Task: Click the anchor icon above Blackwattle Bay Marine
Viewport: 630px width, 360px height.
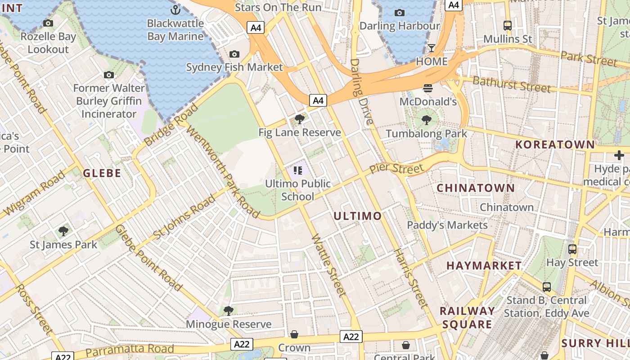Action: [175, 9]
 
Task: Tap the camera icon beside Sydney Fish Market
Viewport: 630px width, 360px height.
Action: [234, 54]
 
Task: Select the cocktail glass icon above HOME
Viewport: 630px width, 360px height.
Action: [432, 48]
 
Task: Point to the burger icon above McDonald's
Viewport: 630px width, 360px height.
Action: [427, 88]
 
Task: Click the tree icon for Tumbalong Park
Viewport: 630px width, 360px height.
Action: [426, 120]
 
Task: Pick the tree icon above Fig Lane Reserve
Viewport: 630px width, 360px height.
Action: [299, 119]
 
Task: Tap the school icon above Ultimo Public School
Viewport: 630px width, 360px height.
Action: [297, 171]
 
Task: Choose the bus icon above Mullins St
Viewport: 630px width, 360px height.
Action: [508, 26]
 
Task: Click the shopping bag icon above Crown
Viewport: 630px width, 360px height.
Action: [294, 334]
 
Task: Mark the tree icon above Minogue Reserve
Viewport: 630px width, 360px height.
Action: [229, 310]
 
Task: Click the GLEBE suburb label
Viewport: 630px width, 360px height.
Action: [102, 173]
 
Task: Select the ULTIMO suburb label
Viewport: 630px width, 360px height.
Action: [357, 216]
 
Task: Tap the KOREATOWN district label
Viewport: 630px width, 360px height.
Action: [555, 144]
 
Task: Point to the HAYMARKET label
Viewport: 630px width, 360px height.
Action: [484, 266]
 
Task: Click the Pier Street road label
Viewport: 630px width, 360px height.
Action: [396, 169]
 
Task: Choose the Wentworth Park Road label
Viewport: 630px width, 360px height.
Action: [222, 171]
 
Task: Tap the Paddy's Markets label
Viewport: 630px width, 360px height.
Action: [447, 225]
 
